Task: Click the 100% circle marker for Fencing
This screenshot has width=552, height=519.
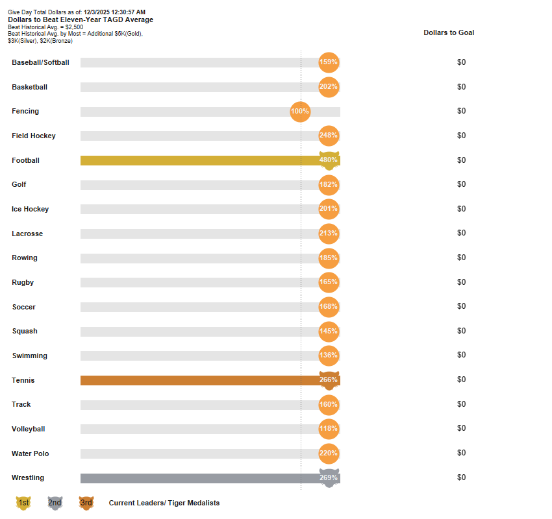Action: (x=300, y=112)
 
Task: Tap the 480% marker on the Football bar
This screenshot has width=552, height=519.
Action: (x=329, y=160)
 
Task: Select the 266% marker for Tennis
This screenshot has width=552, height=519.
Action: (x=329, y=380)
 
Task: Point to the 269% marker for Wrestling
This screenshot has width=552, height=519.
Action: (x=329, y=478)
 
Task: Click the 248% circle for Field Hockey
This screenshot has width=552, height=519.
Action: (x=329, y=136)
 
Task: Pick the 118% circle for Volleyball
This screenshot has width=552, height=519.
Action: (x=329, y=429)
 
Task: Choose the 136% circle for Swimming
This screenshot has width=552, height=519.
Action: (x=329, y=356)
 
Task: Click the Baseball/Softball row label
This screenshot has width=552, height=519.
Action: (x=40, y=63)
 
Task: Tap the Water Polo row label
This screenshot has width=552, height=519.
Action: (x=31, y=453)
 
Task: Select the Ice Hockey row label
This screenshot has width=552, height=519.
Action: (x=31, y=210)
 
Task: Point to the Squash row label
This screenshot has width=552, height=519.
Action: (x=25, y=332)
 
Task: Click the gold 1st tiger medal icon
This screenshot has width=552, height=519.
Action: (x=23, y=503)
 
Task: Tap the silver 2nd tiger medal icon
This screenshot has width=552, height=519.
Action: (x=55, y=503)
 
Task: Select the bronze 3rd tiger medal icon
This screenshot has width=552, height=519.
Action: (x=86, y=503)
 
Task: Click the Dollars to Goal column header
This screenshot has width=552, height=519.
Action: (x=449, y=32)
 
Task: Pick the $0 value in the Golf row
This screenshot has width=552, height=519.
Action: (x=461, y=184)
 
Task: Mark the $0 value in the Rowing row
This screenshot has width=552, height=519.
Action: (x=461, y=258)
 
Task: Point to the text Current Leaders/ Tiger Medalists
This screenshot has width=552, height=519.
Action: (x=164, y=503)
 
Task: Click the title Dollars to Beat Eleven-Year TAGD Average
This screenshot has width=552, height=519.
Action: (x=81, y=19)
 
